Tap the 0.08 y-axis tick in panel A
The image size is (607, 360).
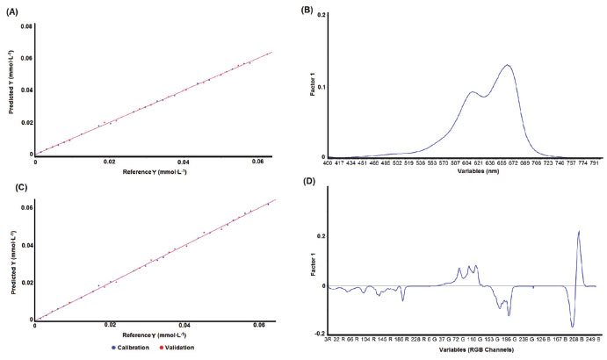[27, 27]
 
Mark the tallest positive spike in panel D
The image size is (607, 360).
[579, 231]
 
